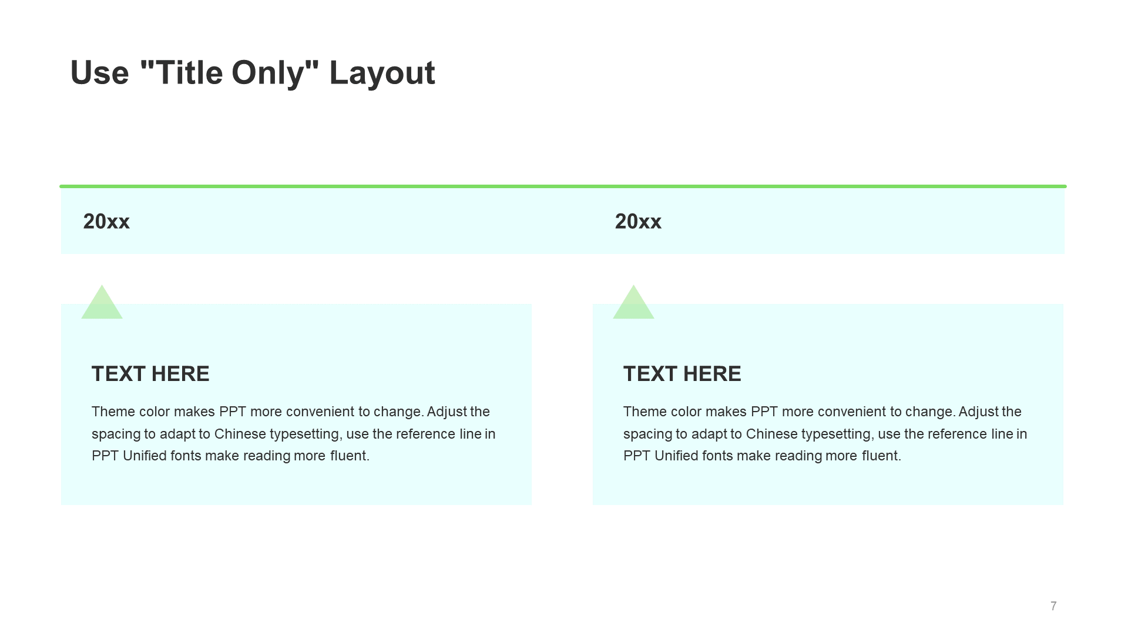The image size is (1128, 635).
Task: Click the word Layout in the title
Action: pyautogui.click(x=382, y=73)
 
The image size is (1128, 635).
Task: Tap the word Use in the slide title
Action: pyautogui.click(x=99, y=73)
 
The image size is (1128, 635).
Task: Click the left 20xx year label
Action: pyautogui.click(x=106, y=222)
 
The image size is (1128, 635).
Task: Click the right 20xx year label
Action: pyautogui.click(x=638, y=222)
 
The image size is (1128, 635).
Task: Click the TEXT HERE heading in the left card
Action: pyautogui.click(x=150, y=374)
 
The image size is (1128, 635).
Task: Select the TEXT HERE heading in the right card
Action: pyautogui.click(x=682, y=374)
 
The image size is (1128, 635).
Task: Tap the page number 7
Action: pyautogui.click(x=1053, y=606)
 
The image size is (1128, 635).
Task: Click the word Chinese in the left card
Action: pyautogui.click(x=240, y=434)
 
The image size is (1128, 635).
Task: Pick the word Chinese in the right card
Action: pyautogui.click(x=772, y=434)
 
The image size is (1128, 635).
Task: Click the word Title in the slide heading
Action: pyautogui.click(x=190, y=73)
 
